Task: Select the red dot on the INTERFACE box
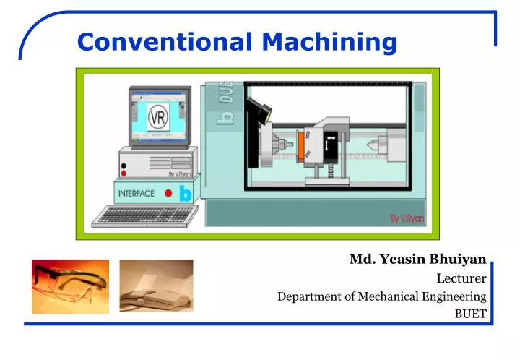coord(168,193)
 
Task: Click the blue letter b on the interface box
coord(185,194)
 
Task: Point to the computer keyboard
coord(145,215)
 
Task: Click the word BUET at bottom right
coord(470,314)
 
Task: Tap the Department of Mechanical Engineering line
coord(382,296)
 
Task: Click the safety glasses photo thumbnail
coord(70,286)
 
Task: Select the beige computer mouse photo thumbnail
coord(157,286)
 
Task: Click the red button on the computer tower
coord(123,166)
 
